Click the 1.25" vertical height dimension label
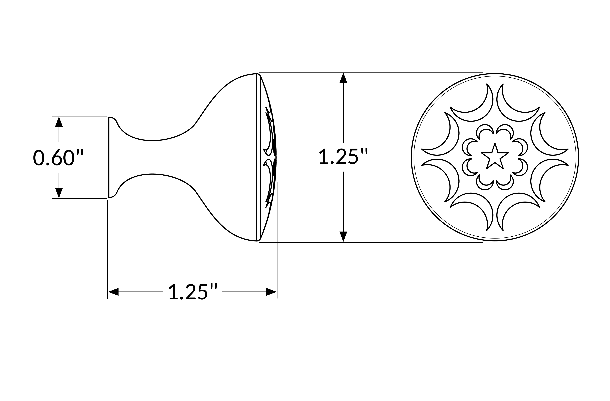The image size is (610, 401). tap(343, 156)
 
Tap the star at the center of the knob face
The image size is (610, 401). tap(495, 156)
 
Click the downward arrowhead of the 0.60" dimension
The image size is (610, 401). tap(59, 193)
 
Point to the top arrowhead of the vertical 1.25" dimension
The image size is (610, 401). tap(343, 78)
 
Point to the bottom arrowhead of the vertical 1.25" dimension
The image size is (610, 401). tap(343, 237)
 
